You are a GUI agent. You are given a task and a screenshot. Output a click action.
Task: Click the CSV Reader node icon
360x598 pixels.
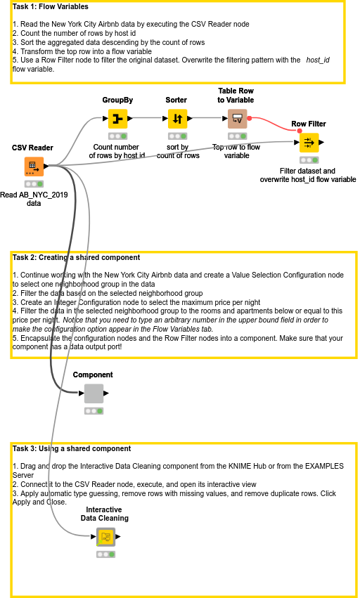[34, 167]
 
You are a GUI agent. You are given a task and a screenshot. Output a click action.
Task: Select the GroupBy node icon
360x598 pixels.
[117, 119]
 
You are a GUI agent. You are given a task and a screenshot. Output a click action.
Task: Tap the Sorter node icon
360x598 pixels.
[177, 119]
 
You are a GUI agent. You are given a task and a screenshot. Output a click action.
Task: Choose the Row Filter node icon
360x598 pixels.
[308, 143]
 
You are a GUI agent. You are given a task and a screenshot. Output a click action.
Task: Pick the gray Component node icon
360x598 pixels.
[94, 394]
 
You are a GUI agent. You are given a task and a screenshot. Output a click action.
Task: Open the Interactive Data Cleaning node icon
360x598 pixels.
[105, 538]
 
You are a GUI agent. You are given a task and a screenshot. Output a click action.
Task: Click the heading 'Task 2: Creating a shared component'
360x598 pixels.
[76, 258]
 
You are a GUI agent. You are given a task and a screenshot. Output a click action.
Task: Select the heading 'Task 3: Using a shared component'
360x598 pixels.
[72, 448]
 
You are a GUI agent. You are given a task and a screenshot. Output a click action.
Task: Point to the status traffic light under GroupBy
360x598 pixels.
[117, 136]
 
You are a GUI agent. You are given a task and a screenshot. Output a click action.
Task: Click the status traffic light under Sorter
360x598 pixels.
[177, 136]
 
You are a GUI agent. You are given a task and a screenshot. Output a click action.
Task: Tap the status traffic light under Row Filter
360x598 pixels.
[308, 160]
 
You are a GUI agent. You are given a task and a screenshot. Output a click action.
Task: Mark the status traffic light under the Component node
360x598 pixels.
[94, 411]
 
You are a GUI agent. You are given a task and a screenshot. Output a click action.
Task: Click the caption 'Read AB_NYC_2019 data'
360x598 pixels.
[34, 199]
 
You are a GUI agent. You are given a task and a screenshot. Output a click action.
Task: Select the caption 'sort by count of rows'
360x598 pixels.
[177, 151]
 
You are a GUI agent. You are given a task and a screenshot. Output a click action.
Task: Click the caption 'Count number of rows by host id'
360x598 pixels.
[118, 151]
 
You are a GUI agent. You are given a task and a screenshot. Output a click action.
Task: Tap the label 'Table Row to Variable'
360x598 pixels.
[236, 96]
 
